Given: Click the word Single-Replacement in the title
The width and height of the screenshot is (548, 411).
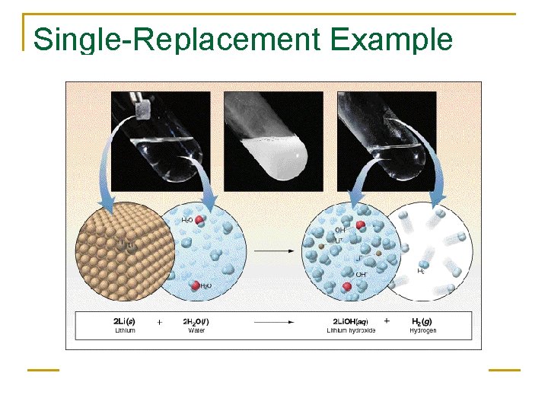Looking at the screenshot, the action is [173, 40].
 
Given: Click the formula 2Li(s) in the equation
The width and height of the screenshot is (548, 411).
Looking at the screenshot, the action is [125, 322].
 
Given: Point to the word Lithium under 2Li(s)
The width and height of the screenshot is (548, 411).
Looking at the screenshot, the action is [124, 331].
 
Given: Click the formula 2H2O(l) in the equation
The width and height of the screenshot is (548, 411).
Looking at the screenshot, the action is [196, 322].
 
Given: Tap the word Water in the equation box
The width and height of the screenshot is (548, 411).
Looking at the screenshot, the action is [196, 331].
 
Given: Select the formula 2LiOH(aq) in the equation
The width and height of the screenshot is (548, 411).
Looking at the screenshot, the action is [351, 322].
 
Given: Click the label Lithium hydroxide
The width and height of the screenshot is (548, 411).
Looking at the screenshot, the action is [351, 331].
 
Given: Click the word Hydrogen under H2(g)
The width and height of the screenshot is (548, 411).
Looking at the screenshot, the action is [422, 331].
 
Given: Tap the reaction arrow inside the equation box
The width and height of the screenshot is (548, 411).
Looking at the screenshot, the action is [274, 323].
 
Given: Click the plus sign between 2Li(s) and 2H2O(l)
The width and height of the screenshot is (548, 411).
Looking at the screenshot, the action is [159, 322].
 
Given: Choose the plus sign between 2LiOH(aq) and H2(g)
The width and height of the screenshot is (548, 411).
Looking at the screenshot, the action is [387, 322].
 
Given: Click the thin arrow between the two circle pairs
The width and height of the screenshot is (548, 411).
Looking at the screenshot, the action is [275, 250].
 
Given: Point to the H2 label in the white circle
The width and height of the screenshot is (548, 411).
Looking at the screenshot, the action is [421, 270].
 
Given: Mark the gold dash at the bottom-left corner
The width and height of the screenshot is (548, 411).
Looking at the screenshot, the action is [43, 371].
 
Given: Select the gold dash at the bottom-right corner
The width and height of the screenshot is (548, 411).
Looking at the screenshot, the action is [504, 371].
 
